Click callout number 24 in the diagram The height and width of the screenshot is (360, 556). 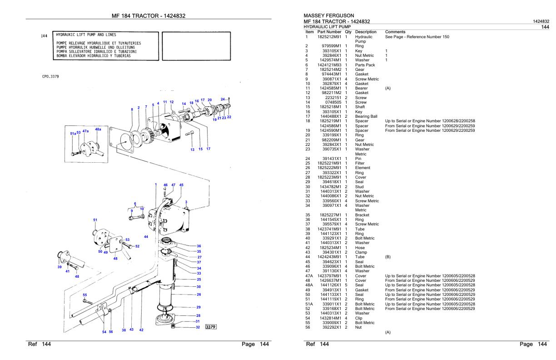[x=223, y=99]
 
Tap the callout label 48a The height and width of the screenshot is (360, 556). [x=98, y=129]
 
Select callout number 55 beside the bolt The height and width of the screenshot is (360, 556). [x=84, y=295]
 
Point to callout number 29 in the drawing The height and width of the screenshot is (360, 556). [x=199, y=307]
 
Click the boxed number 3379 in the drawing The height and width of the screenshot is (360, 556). [x=210, y=326]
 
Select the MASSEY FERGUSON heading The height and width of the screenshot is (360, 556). [x=328, y=15]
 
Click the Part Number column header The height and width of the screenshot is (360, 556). [x=329, y=32]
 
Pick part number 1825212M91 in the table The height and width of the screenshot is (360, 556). [x=329, y=36]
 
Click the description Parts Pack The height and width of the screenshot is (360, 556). [x=365, y=65]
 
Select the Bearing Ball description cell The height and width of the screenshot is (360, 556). [x=366, y=116]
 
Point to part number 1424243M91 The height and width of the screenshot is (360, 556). [x=329, y=257]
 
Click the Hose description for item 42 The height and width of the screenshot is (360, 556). [x=360, y=248]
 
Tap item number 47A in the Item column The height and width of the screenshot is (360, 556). [x=309, y=276]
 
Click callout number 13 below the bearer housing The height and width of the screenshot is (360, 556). [x=192, y=149]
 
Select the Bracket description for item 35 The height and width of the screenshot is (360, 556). [x=362, y=215]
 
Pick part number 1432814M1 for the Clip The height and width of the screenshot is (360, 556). [x=331, y=318]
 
